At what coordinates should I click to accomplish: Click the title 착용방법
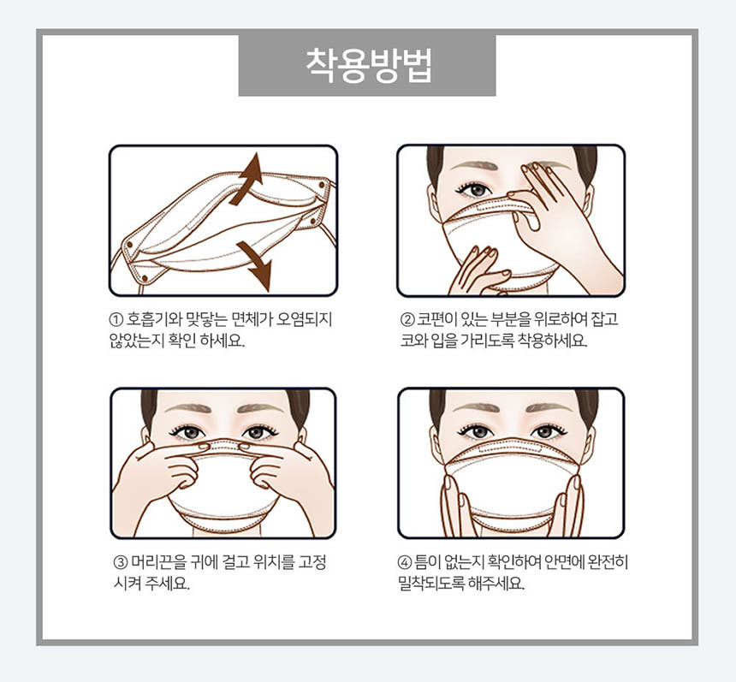pos(369,65)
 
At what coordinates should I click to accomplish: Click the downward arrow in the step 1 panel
pos(255,265)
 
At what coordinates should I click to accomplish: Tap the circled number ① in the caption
pos(116,320)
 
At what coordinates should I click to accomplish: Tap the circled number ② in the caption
pos(407,320)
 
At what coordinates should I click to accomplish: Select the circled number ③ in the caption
pos(120,562)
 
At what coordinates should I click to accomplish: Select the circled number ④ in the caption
pos(404,562)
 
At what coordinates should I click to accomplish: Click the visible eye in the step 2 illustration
pos(475,189)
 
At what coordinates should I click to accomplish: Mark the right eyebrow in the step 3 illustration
pos(261,407)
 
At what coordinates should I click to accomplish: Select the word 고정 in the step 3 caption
pos(312,562)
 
